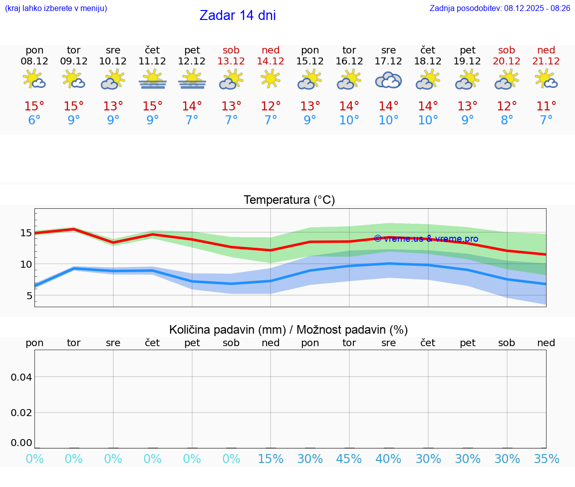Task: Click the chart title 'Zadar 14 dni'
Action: [x=238, y=15]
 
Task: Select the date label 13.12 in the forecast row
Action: [x=231, y=61]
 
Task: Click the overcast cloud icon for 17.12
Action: [x=388, y=80]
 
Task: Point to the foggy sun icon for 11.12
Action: [x=152, y=80]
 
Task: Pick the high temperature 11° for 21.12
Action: [x=546, y=106]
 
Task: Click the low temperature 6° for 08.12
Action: [x=34, y=120]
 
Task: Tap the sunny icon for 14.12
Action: [x=271, y=79]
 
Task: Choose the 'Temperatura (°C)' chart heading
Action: [x=289, y=200]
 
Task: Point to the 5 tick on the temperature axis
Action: [x=29, y=296]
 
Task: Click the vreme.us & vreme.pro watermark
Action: [x=426, y=239]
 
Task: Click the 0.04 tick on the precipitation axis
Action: [x=22, y=377]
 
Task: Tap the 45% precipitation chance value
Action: [x=349, y=459]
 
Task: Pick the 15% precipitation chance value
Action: [x=271, y=459]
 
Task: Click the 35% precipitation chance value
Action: [x=546, y=459]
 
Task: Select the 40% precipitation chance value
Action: [x=388, y=459]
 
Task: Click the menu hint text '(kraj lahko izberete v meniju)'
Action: [x=56, y=8]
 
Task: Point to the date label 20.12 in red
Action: [x=507, y=61]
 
